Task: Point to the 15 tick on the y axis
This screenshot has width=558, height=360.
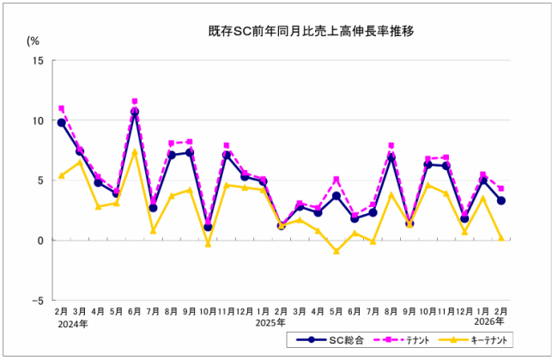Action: (x=39, y=60)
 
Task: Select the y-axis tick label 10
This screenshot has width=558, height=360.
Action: (x=39, y=120)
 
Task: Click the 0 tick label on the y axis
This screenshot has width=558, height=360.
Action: (x=41, y=241)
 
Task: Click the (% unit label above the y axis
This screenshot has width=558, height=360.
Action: (x=33, y=40)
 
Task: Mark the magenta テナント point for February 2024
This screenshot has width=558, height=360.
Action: (x=61, y=109)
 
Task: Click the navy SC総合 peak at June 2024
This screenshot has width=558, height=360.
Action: (x=135, y=112)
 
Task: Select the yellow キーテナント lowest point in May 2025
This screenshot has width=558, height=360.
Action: (x=337, y=251)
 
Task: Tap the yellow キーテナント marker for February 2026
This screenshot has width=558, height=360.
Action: (x=501, y=238)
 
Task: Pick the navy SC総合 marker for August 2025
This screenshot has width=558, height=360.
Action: (x=391, y=157)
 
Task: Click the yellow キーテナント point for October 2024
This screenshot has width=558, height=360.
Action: (x=208, y=244)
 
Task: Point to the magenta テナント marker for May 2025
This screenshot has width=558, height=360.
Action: (x=337, y=180)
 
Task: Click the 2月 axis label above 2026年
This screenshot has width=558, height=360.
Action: (x=500, y=311)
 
